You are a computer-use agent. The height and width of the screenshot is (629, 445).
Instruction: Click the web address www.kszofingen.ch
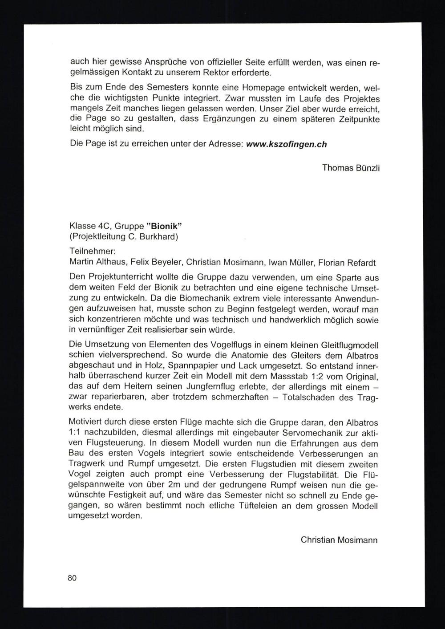[x=286, y=144]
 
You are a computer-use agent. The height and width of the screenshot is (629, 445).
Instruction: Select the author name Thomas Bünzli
[x=351, y=168]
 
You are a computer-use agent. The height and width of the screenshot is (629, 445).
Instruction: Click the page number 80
[x=72, y=578]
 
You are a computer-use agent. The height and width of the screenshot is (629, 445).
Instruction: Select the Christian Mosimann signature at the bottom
[x=339, y=540]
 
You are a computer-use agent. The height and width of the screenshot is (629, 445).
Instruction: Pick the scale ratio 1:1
[x=76, y=432]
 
